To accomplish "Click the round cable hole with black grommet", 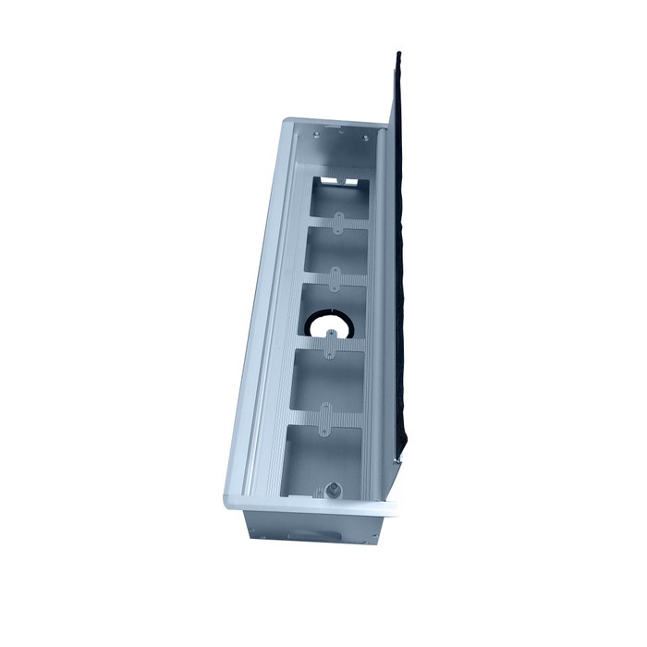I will click(x=330, y=326).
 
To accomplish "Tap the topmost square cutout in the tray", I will click(x=340, y=197).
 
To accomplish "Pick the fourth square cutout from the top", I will click(x=328, y=381).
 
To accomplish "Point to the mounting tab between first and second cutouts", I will click(x=341, y=222).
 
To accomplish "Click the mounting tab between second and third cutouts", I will click(x=336, y=276).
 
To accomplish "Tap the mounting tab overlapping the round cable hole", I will click(x=330, y=343).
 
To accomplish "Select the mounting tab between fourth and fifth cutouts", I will click(x=324, y=418).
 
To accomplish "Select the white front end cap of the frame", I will click(x=305, y=506).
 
